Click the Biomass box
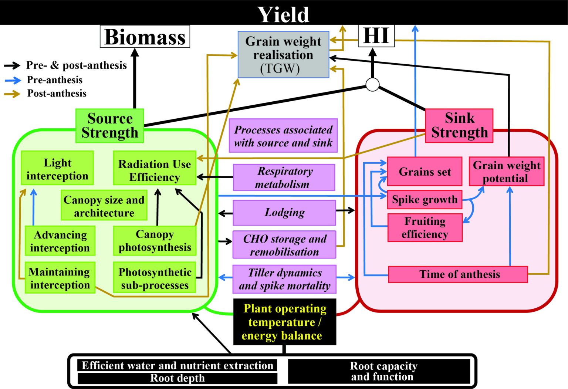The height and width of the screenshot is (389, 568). click(145, 37)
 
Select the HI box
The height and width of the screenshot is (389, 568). click(376, 36)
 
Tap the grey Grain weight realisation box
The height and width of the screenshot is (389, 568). click(283, 55)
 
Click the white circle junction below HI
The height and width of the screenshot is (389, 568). click(372, 84)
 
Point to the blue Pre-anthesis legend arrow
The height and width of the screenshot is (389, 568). click(13, 80)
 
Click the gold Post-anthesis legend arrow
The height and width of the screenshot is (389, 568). click(13, 94)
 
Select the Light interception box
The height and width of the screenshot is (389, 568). click(57, 168)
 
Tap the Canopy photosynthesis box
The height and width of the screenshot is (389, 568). click(155, 240)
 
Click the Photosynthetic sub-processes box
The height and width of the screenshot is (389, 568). click(155, 278)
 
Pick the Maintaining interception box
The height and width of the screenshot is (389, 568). click(60, 278)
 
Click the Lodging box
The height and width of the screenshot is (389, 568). click(284, 213)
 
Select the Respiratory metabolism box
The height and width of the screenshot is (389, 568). click(284, 177)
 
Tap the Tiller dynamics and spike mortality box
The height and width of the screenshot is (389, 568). click(284, 279)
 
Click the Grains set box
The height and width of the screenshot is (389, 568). click(425, 172)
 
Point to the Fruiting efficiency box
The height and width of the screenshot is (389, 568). click(425, 227)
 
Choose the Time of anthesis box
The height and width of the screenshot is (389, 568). click(458, 274)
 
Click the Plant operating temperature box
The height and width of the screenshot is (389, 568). click(284, 322)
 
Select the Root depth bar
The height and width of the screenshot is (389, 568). click(177, 378)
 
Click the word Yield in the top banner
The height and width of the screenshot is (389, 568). click(283, 14)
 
